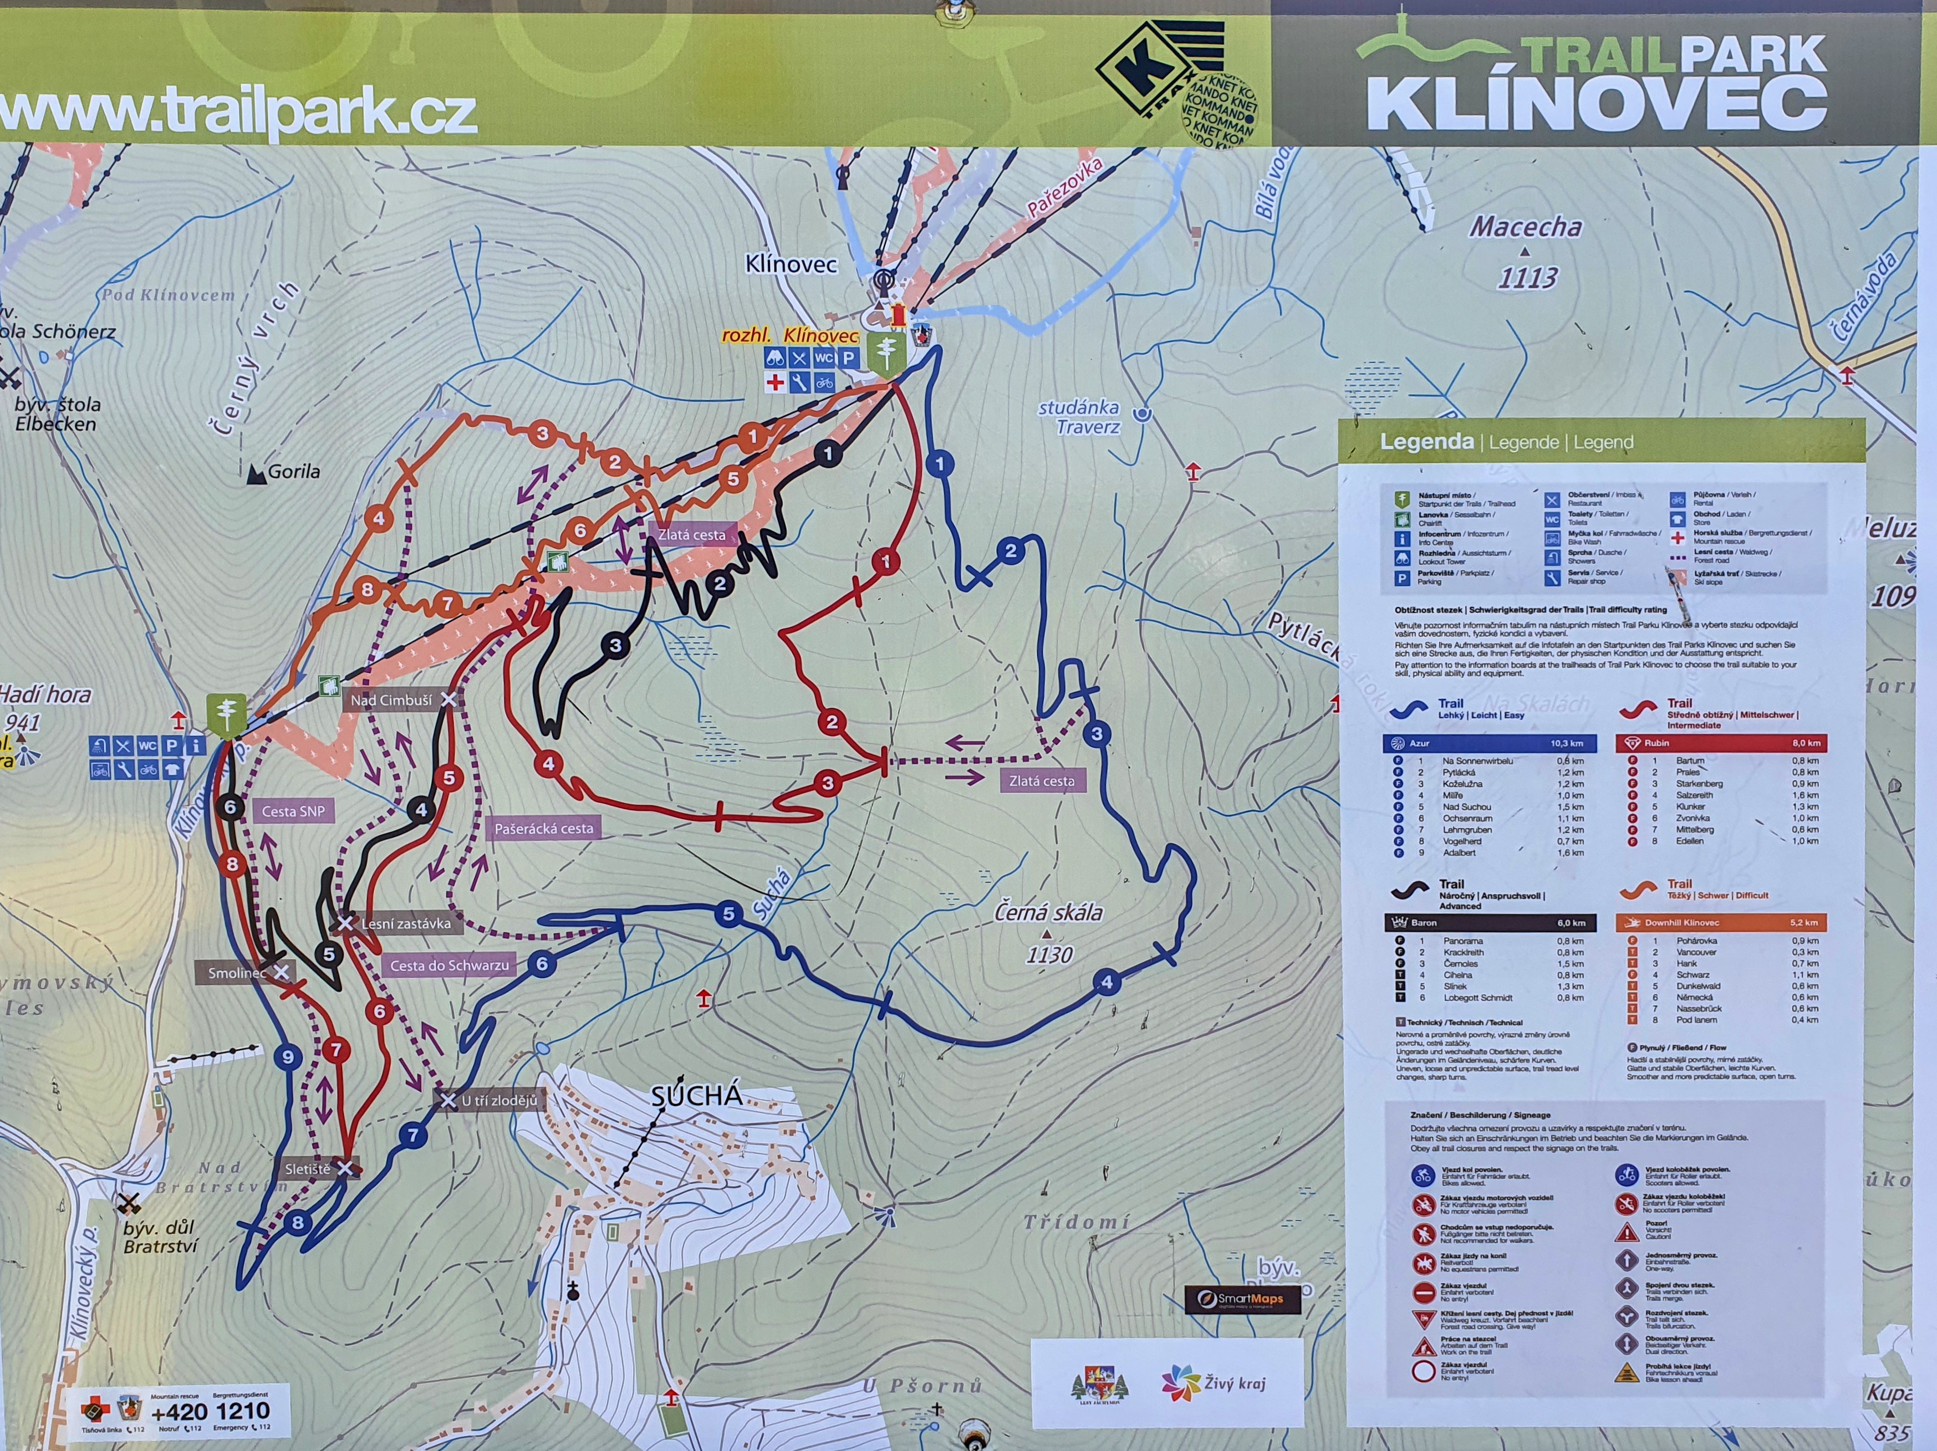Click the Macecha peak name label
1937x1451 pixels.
1526,227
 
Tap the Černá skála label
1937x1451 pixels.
1048,912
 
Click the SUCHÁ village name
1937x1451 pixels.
697,1096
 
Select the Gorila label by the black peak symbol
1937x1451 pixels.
293,471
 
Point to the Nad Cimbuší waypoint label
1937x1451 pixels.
391,699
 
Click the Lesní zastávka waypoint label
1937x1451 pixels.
405,923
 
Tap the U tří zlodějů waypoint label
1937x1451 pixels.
499,1100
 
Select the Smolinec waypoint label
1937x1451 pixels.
236,972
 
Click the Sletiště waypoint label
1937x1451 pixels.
307,1168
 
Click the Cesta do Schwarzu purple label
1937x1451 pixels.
449,965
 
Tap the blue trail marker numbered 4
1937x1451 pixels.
1107,982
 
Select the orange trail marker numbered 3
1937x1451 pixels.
542,433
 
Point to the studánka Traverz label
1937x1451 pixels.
1080,417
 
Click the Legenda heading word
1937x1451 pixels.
1426,441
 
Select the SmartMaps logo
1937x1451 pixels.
1242,1299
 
